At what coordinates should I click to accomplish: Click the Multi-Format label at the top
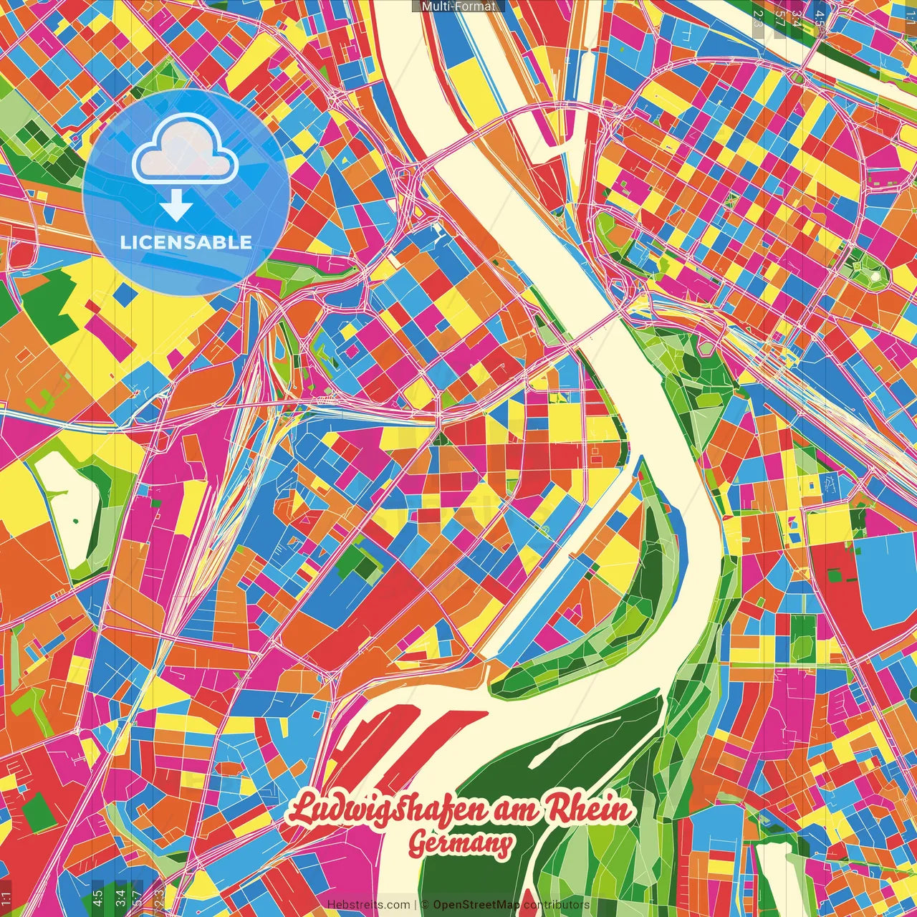458,6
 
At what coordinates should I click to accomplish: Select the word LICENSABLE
186,242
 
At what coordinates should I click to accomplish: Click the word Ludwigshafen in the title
387,811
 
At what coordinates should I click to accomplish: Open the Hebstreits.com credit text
368,905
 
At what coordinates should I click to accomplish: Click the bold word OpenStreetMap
476,905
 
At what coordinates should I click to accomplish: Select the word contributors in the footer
557,905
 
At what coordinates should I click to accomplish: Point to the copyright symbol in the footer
424,905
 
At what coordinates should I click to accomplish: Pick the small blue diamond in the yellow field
124,293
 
